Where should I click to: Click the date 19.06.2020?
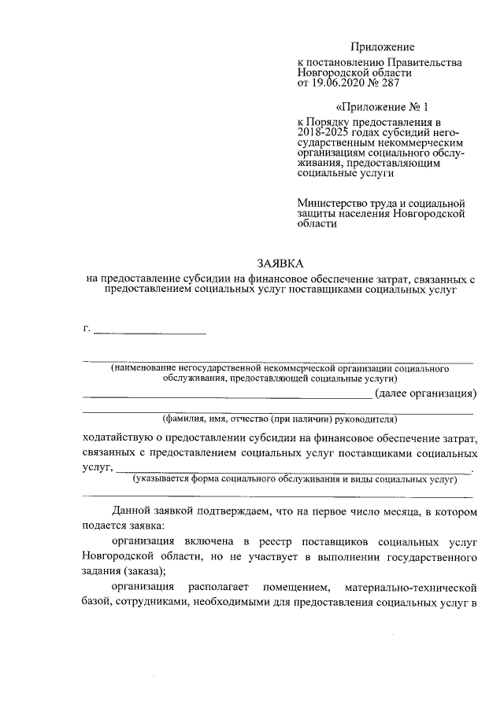coord(340,83)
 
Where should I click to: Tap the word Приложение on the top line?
coord(383,47)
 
